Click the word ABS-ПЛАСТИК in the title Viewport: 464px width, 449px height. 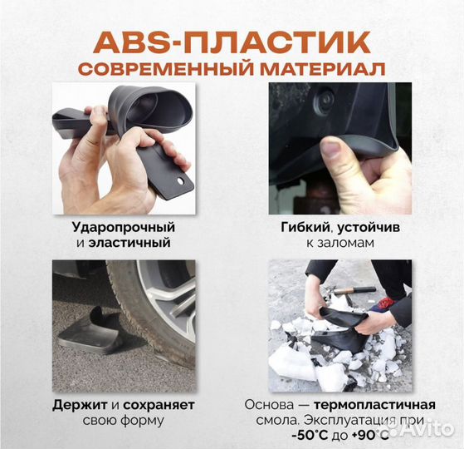232,42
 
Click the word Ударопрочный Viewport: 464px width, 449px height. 124,228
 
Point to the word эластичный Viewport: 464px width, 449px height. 129,243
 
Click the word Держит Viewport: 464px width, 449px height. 80,405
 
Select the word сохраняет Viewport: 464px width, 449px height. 159,406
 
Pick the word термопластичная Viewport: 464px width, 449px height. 374,405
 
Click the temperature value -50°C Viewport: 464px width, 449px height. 310,436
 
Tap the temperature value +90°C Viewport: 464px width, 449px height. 370,436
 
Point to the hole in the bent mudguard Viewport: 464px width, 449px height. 179,180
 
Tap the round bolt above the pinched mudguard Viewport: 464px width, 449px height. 324,99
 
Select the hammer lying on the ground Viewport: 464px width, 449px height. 354,290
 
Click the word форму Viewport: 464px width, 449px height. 144,421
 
